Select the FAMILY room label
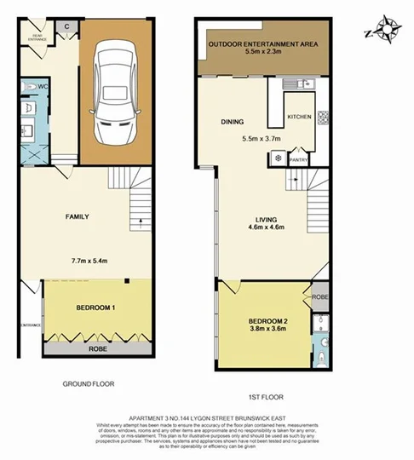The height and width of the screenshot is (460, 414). tap(78, 216)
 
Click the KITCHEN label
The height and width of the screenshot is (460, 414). tap(300, 116)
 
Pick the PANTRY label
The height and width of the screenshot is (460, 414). tap(298, 158)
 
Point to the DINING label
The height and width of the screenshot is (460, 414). tap(233, 122)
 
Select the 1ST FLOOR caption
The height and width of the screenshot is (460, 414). tap(265, 397)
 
